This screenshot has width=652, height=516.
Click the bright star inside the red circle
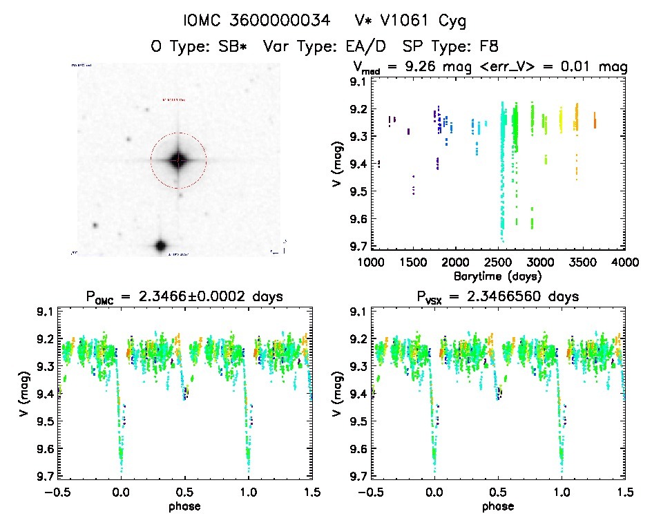(x=178, y=160)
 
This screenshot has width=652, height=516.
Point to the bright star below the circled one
(x=160, y=245)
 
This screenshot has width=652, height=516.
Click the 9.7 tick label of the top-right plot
(x=357, y=246)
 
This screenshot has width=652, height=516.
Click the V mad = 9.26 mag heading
(x=491, y=68)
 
